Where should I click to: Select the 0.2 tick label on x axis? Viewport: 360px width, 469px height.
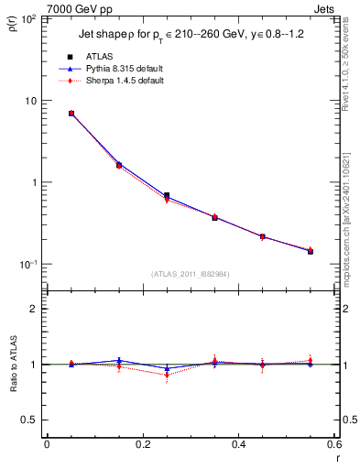143,444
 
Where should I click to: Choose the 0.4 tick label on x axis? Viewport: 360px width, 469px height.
238,444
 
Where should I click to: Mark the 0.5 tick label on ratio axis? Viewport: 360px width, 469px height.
30,420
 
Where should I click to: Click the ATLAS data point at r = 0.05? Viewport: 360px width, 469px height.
71,114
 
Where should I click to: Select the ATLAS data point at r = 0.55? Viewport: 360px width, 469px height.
310,250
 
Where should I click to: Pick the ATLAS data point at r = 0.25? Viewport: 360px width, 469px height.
167,196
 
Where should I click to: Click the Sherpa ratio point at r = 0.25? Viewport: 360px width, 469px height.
167,375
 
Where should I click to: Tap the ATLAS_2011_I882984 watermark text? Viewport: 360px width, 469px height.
191,274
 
